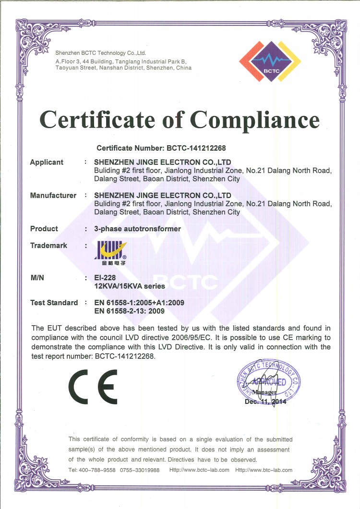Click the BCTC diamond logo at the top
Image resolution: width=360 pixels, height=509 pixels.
click(270, 62)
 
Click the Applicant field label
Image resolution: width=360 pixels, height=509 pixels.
click(47, 162)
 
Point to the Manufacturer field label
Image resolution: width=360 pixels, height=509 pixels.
click(53, 195)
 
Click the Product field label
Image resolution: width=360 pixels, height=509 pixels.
click(44, 229)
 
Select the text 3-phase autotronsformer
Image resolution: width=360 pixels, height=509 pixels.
click(138, 229)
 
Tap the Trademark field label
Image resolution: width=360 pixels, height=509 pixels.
click(48, 246)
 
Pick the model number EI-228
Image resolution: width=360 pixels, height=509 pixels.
click(106, 278)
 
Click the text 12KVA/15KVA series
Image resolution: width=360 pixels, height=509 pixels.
click(130, 286)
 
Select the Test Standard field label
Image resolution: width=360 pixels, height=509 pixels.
click(54, 303)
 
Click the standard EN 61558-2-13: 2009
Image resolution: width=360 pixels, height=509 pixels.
click(130, 311)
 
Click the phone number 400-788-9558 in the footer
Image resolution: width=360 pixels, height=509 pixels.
click(97, 470)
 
